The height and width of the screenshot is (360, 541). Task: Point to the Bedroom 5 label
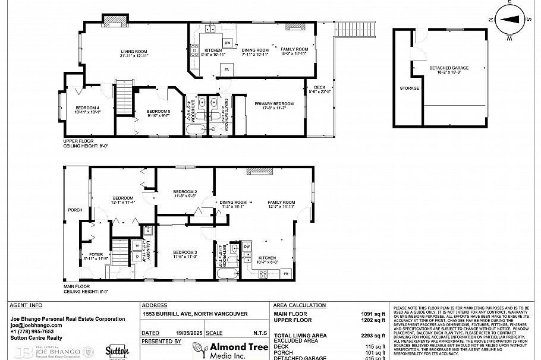[x=142, y=112]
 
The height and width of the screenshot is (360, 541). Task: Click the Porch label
[x=75, y=210]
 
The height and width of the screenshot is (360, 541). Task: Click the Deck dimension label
[x=320, y=90]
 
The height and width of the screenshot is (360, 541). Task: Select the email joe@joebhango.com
[x=36, y=325]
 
